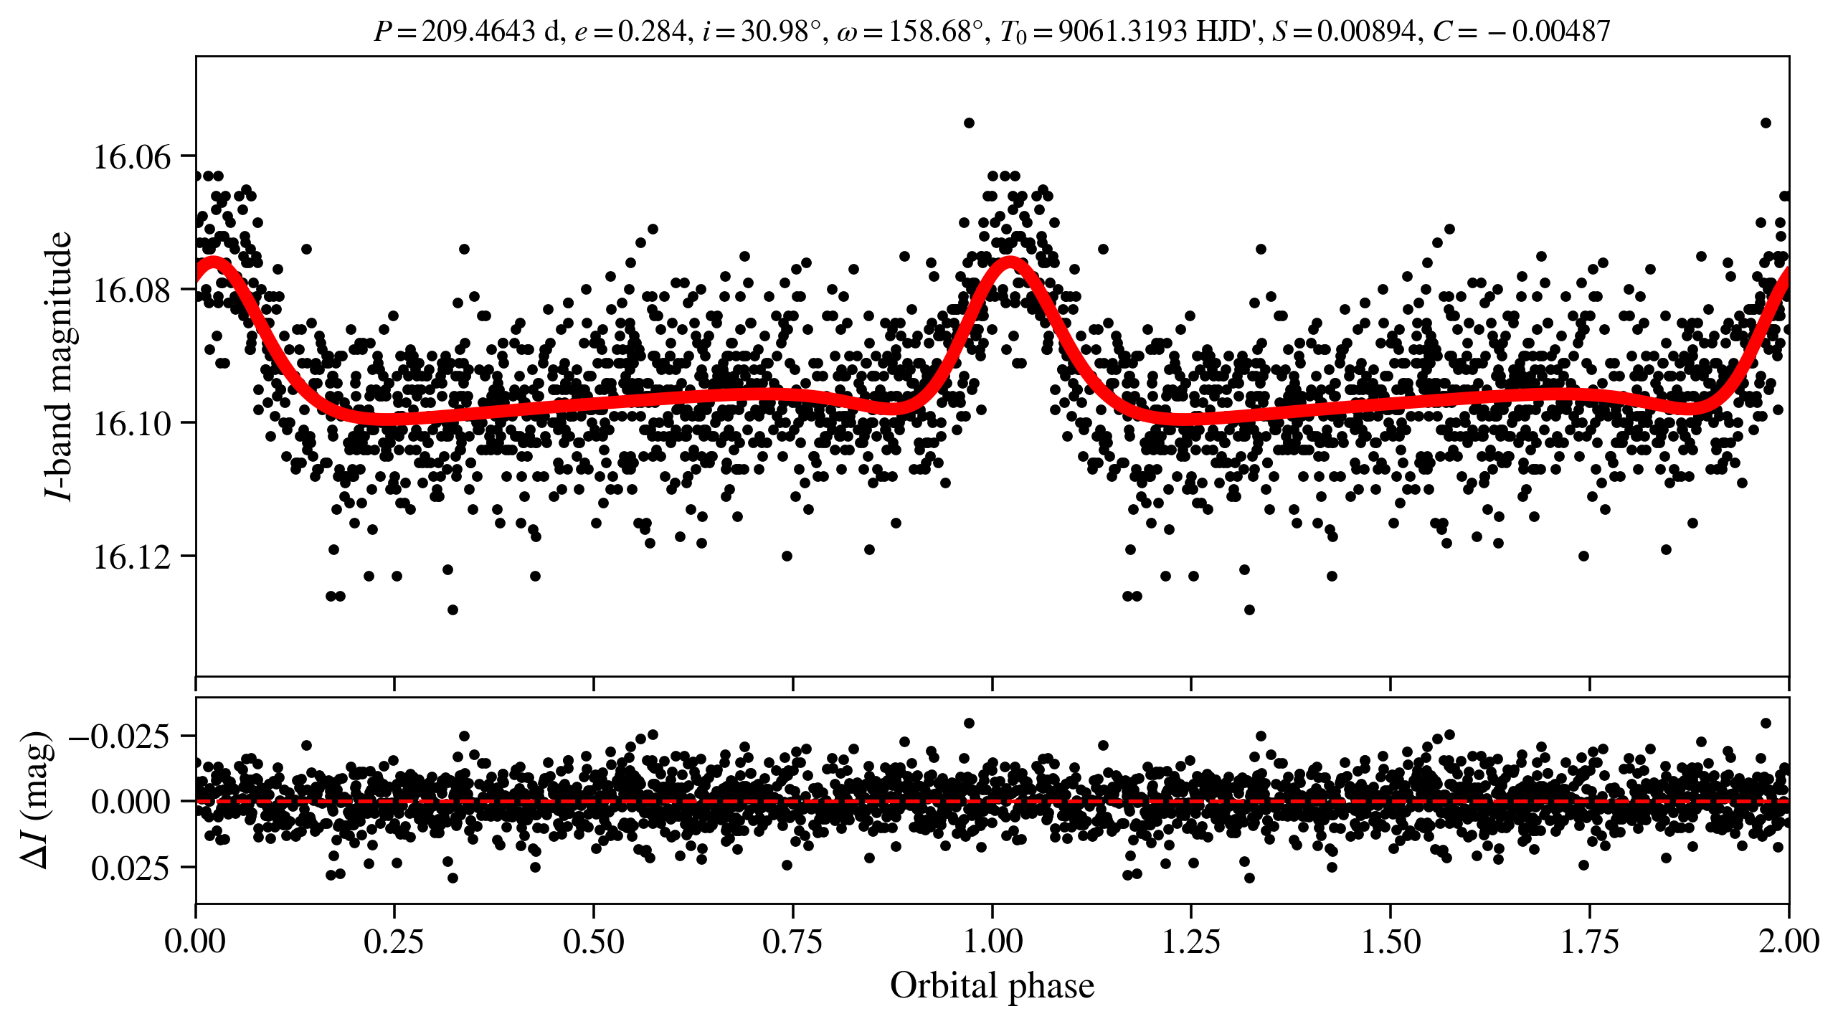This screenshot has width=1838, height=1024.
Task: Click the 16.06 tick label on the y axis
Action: click(133, 156)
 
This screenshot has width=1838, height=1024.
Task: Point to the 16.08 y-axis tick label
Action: click(133, 290)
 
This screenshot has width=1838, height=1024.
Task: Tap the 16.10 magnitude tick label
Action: click(133, 423)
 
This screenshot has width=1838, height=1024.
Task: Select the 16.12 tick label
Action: click(133, 556)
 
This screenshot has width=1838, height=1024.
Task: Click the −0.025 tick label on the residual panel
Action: click(119, 736)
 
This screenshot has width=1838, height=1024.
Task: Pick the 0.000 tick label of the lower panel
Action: click(131, 802)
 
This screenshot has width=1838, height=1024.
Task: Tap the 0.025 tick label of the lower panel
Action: click(131, 868)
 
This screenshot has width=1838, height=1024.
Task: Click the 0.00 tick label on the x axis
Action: click(195, 941)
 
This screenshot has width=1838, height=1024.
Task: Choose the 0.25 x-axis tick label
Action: click(394, 941)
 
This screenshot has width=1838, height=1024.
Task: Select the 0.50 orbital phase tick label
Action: click(593, 941)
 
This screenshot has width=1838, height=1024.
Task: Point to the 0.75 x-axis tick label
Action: click(792, 941)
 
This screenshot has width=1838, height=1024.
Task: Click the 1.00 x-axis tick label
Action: click(992, 941)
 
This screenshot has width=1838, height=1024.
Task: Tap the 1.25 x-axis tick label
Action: click(1191, 941)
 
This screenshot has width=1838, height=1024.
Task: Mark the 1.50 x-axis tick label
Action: click(1391, 941)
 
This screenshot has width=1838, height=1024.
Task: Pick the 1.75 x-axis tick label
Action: click(1590, 941)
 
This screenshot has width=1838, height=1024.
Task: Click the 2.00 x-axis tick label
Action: click(1789, 941)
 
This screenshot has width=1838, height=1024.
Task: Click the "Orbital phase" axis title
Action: click(992, 985)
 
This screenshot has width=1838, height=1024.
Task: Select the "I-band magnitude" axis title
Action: click(59, 366)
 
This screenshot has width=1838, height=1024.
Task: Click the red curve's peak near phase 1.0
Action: click(1010, 262)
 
